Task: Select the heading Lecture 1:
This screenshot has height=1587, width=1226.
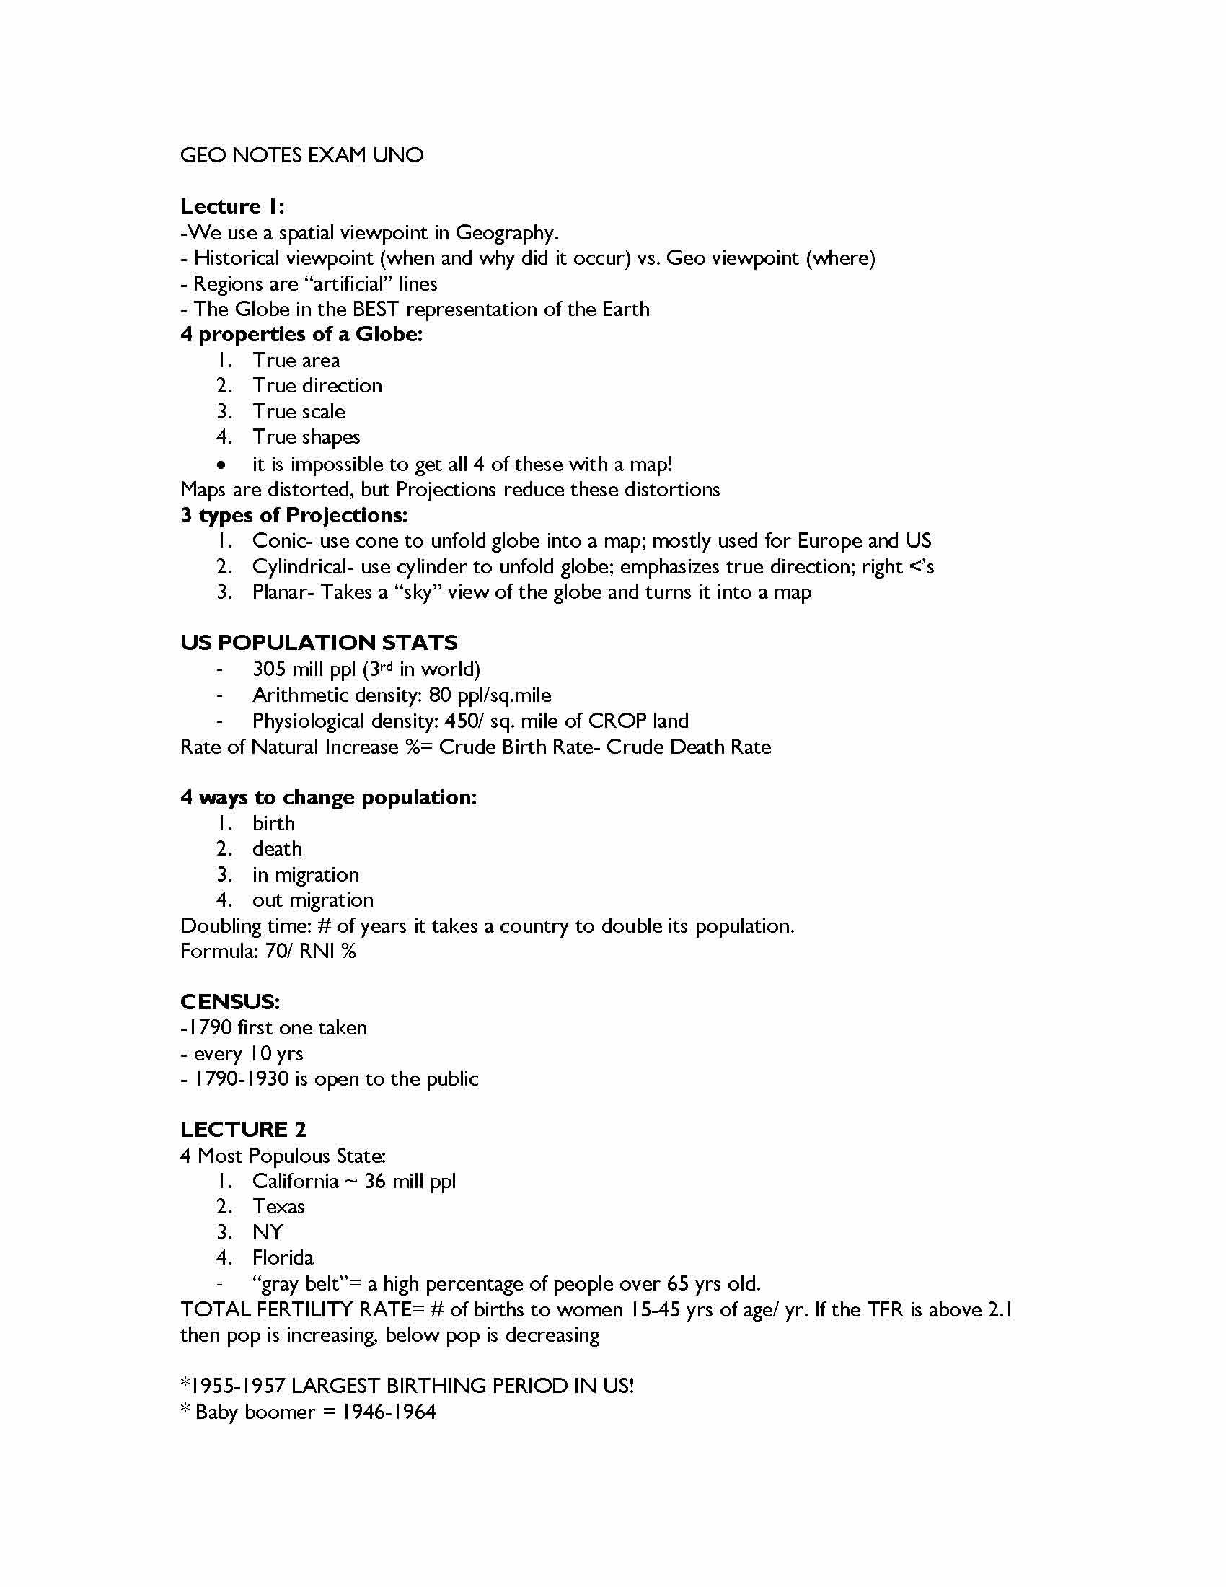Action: click(x=231, y=207)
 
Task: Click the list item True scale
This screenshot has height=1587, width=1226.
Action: click(x=299, y=412)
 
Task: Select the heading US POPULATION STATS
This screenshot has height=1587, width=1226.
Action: click(x=319, y=643)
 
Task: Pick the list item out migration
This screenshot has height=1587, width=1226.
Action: click(x=312, y=900)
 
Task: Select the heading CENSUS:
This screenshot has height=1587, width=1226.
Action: click(x=229, y=1003)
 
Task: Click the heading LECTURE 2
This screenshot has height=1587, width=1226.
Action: click(x=242, y=1130)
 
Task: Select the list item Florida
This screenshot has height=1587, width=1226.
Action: click(x=283, y=1258)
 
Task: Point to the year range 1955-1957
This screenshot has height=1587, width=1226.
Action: click(x=237, y=1386)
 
